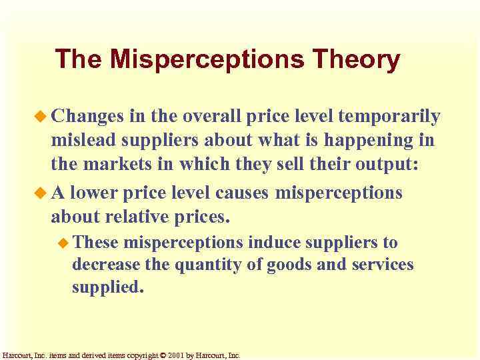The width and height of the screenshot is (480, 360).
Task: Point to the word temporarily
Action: [x=389, y=117]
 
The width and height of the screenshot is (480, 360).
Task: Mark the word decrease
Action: [x=104, y=265]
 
